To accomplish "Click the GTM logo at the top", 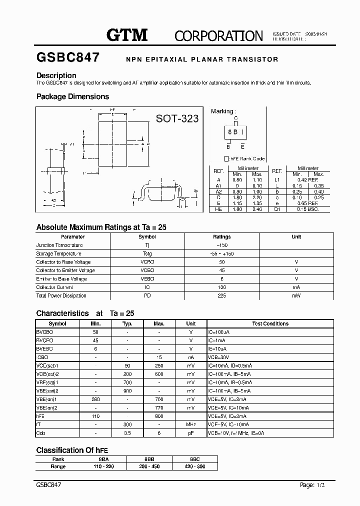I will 127,34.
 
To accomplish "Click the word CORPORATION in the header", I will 218,35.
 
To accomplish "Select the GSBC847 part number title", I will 67,57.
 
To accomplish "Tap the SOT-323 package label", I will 177,118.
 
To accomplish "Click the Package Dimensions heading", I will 72,96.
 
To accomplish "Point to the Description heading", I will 56,75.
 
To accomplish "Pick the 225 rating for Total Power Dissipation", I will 222,295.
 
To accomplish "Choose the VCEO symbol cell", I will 147,270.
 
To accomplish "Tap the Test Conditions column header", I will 270,324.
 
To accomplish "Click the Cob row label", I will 40,433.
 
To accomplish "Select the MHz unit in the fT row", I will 190,424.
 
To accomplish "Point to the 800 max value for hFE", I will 159,416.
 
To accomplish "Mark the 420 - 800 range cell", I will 194,466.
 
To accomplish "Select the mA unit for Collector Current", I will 296,287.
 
